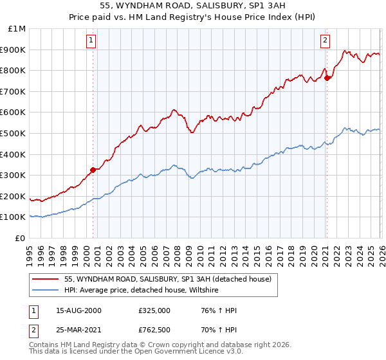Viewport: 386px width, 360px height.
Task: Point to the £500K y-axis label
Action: click(x=14, y=133)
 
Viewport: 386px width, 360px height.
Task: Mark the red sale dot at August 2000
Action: click(x=93, y=170)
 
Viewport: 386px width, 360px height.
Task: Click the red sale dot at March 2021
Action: click(x=327, y=78)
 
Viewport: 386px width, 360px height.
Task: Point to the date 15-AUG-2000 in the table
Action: click(x=78, y=310)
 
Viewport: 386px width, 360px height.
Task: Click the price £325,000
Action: click(x=154, y=310)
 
